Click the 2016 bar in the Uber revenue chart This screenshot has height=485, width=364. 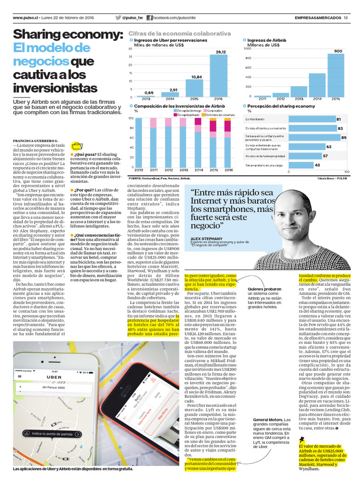tap(220, 75)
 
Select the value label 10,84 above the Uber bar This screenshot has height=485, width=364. tap(197, 76)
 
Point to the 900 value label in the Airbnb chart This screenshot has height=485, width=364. tap(338, 51)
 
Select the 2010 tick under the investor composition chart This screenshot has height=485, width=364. tap(139, 170)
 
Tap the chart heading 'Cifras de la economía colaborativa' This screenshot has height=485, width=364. tap(180, 34)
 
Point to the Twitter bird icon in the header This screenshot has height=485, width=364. tap(118, 18)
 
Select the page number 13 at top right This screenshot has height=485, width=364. tap(346, 18)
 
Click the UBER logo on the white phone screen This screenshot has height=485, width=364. tap(54, 377)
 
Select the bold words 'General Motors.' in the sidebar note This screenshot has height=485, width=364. tap(267, 420)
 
